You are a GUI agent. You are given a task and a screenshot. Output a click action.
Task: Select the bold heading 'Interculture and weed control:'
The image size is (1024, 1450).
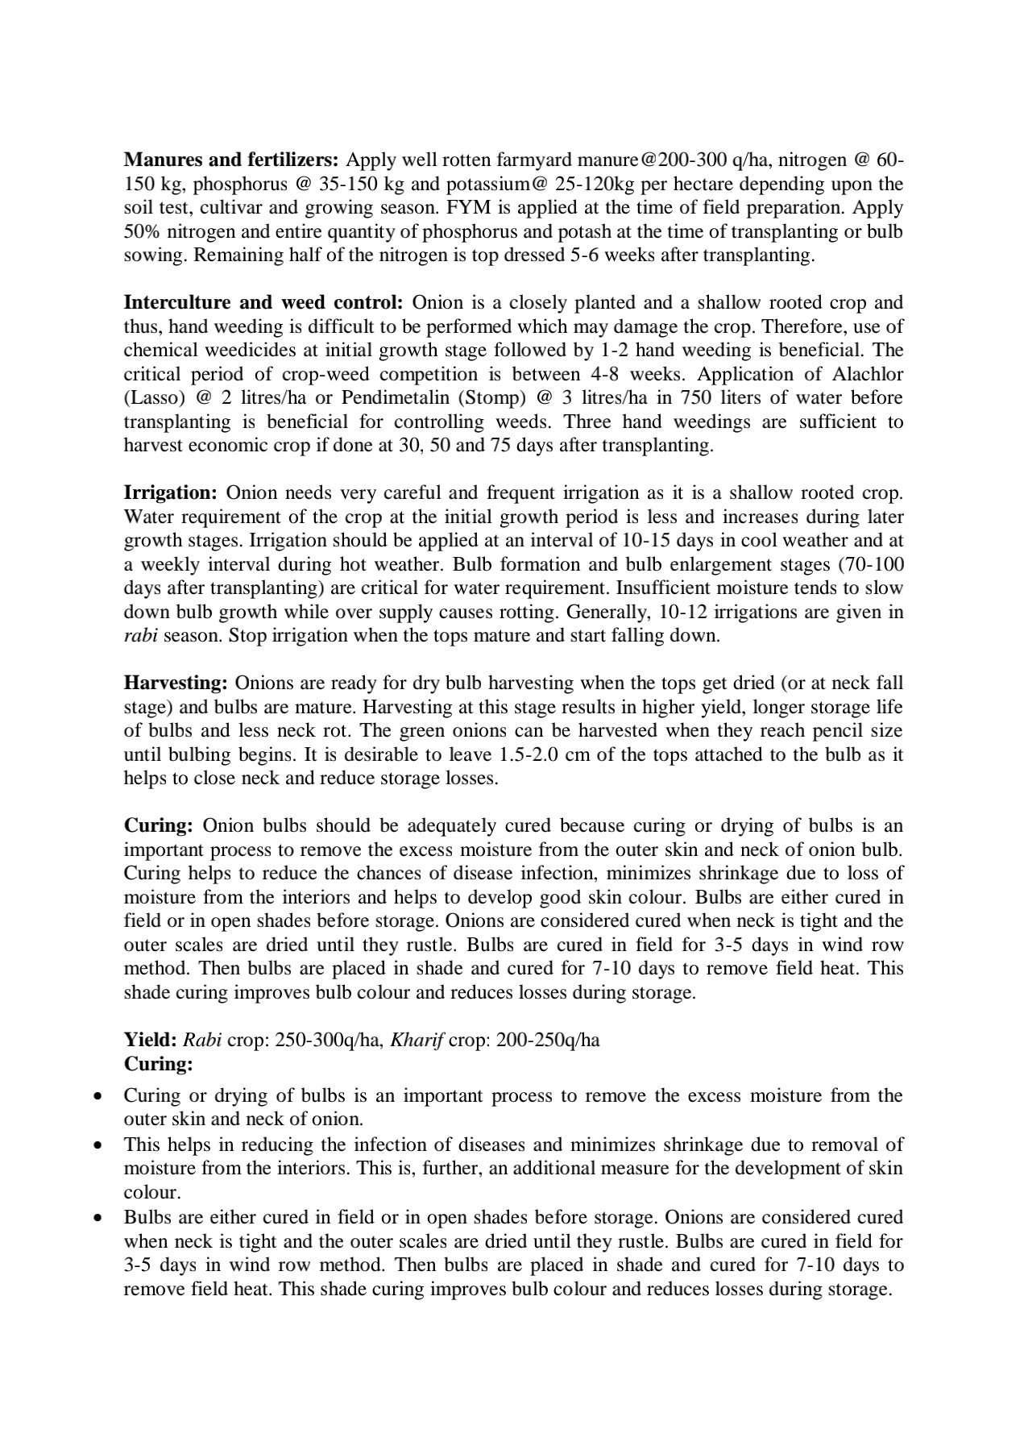263,303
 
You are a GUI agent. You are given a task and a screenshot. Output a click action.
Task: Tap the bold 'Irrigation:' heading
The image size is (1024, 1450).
170,493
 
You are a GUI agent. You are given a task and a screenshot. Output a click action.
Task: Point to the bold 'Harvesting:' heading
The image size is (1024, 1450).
176,683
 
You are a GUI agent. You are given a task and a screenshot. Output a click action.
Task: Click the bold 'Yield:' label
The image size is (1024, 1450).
150,1040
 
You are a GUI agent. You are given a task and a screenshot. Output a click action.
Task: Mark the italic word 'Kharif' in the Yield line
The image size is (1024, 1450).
417,1040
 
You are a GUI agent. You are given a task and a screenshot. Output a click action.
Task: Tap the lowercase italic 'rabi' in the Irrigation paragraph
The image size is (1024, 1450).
140,636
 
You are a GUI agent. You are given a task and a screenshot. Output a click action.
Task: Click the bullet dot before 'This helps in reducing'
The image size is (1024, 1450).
97,1145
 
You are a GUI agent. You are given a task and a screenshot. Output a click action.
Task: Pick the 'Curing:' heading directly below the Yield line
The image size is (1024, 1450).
158,1064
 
